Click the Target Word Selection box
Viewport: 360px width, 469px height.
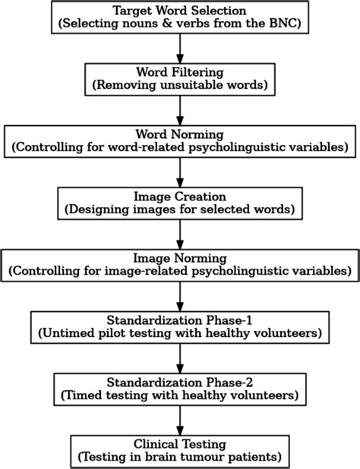click(180, 18)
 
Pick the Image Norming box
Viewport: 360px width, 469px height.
click(180, 263)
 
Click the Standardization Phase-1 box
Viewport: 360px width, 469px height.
click(180, 324)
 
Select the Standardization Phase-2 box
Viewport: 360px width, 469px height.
click(180, 386)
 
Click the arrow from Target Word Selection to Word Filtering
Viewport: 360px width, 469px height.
click(180, 49)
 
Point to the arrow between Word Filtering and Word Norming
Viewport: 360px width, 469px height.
click(180, 109)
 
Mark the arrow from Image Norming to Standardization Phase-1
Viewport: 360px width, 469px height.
click(180, 293)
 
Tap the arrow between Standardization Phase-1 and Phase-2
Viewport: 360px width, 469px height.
click(180, 354)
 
